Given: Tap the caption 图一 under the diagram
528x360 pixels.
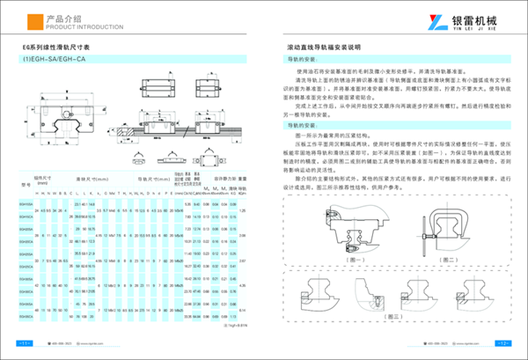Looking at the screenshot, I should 331,261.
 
